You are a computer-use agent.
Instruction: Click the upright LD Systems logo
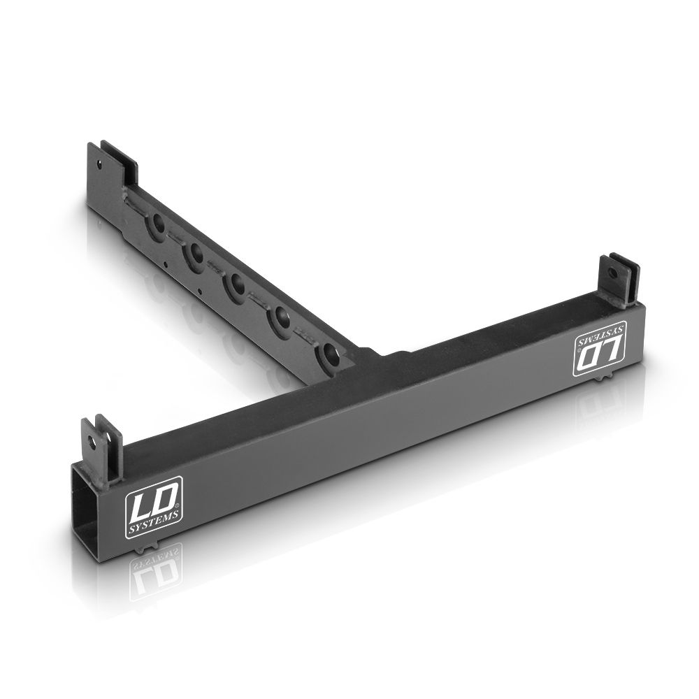(153, 507)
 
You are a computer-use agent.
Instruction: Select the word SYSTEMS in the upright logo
(153, 519)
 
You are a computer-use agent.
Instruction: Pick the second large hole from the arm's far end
(195, 254)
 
